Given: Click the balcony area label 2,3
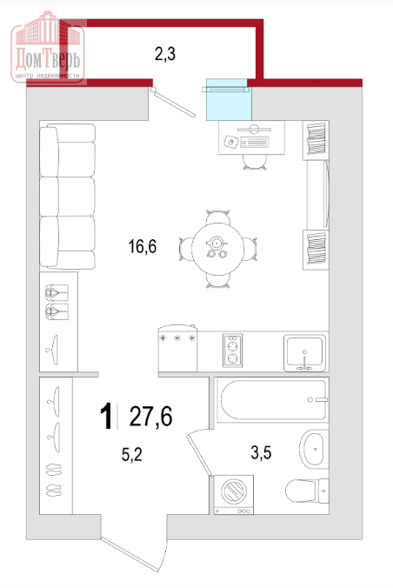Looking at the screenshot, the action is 165,55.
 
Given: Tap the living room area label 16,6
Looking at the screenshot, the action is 143,246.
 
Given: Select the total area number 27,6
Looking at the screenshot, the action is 150,417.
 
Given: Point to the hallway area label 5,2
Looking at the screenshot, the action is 132,455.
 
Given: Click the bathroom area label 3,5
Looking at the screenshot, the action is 261,452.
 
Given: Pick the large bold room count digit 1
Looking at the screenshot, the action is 106,417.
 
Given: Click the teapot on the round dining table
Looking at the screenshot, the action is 216,243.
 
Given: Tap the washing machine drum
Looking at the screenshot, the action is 234,491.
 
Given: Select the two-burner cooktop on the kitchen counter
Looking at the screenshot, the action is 232,351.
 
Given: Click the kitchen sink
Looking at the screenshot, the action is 304,352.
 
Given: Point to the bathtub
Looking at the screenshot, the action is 273,400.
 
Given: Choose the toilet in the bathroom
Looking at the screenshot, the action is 307,491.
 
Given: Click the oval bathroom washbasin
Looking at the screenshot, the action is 312,449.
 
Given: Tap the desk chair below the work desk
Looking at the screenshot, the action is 255,162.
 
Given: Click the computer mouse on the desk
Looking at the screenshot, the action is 231,142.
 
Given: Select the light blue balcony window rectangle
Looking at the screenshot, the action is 229,99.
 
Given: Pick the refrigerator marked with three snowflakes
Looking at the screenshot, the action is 177,348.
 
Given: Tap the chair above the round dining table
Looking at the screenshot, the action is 217,217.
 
